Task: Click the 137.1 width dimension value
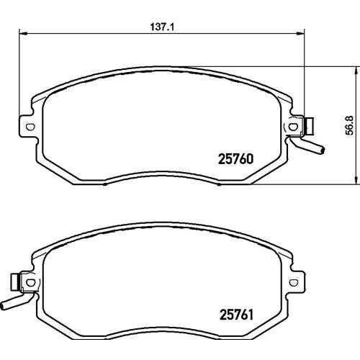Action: [x=162, y=27]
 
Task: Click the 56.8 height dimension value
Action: [x=350, y=125]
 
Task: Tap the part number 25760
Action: [x=235, y=159]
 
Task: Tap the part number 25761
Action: [x=236, y=315]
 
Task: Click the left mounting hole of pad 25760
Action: [x=30, y=127]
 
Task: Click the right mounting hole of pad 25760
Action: [x=292, y=127]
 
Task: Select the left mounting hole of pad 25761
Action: [x=30, y=282]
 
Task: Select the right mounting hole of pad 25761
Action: [x=293, y=282]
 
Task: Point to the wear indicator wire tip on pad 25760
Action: [x=323, y=150]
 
